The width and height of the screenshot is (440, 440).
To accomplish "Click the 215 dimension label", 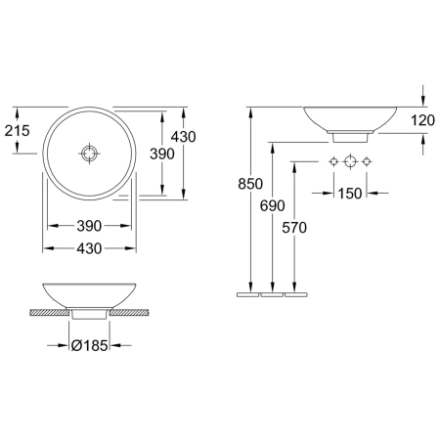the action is pos(18,131).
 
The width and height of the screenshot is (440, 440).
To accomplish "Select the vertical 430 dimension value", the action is pos(184,137).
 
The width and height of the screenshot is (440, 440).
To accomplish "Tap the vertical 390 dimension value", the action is pos(162,154).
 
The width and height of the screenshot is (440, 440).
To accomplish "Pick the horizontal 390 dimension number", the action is pos(89,226).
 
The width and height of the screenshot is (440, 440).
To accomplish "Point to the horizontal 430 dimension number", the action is pos(89,248).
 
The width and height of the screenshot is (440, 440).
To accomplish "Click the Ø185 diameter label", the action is pos(89,345).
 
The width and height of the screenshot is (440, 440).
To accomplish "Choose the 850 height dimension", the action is pos(250,184).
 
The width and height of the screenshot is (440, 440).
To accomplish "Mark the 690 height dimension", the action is pos(273,205).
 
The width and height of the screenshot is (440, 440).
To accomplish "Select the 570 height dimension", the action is pos(294,228).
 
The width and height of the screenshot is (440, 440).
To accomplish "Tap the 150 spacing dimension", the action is pos(350,194).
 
